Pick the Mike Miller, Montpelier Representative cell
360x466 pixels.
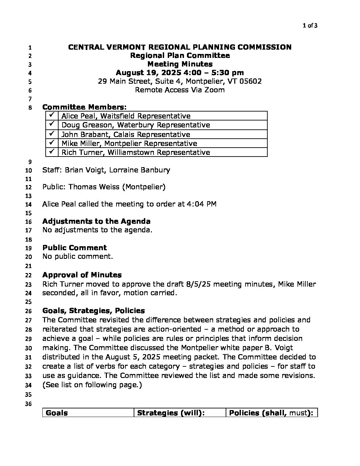129,143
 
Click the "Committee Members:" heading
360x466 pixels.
84,107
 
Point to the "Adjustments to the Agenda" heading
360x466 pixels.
96,221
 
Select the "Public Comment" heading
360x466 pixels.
74,248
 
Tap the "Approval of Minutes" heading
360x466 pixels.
82,275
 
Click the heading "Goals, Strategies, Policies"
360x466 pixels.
94,310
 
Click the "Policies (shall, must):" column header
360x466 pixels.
271,413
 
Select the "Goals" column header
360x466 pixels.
57,413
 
